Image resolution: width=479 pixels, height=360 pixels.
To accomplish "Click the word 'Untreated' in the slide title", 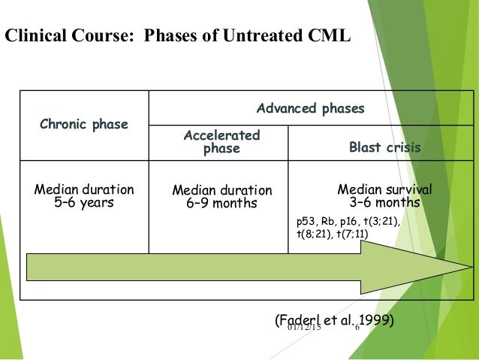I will point(274,35).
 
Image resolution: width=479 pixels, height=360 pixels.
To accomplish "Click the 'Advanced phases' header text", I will point(310,109).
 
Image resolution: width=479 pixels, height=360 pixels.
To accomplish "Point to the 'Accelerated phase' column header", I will point(221,142).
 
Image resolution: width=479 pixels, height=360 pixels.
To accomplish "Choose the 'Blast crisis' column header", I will point(384,148).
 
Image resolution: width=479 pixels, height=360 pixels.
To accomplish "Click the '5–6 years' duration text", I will point(84,202).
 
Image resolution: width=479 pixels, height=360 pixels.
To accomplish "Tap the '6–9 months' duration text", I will point(221,204).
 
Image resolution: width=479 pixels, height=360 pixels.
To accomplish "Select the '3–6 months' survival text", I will point(384,202).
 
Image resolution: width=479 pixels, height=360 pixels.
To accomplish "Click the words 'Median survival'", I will point(384,189).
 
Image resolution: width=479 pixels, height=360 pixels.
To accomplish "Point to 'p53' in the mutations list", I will point(303,222).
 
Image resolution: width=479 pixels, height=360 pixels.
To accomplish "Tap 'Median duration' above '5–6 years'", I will point(84,189).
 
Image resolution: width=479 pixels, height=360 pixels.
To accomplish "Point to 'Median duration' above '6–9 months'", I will point(221,191).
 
